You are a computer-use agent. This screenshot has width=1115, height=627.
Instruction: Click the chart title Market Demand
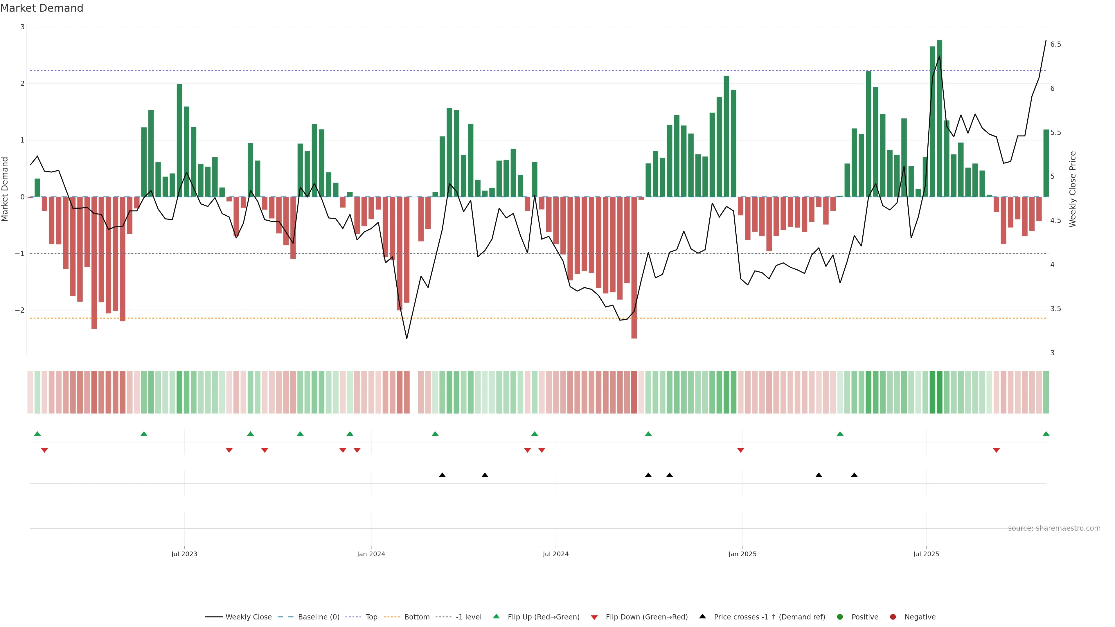pyautogui.click(x=42, y=8)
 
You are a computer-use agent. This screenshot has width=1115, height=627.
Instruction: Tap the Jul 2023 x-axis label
pyautogui.click(x=184, y=554)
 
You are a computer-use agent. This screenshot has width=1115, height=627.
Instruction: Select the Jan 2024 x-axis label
pyautogui.click(x=371, y=554)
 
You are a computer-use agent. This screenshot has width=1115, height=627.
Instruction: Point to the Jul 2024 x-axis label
pyautogui.click(x=556, y=554)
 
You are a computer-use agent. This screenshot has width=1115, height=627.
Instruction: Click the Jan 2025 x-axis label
pyautogui.click(x=742, y=554)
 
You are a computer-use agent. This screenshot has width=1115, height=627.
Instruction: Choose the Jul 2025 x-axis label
pyautogui.click(x=926, y=554)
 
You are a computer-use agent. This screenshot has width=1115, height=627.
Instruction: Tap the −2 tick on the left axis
pyautogui.click(x=19, y=310)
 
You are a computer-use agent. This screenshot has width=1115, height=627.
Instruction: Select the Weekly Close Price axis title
pyautogui.click(x=1073, y=189)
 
